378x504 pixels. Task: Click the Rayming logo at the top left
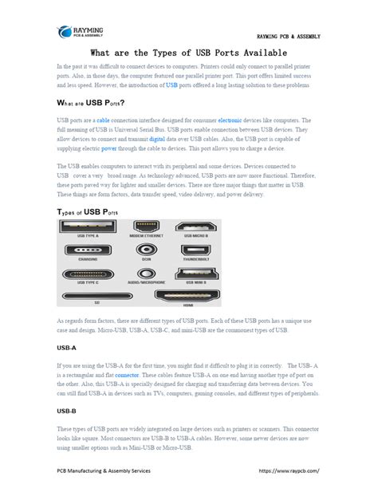coord(81,31)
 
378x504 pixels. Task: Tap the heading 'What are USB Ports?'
coord(90,103)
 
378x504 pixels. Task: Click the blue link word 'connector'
coord(128,374)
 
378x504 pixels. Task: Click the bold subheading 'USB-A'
coord(68,348)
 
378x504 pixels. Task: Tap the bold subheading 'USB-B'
coord(68,411)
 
